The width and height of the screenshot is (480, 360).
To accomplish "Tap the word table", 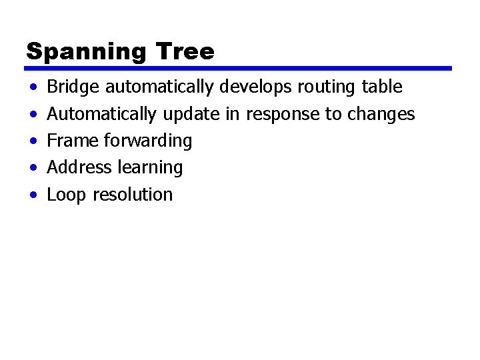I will pos(381,87).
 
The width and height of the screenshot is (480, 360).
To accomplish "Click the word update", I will pos(190,115).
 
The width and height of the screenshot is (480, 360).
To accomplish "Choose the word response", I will pos(283,115).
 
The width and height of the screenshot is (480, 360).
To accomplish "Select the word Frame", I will pos(73,141).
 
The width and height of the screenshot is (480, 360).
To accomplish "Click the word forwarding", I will pos(147,141).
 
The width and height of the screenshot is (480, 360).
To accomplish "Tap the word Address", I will pos(79,167).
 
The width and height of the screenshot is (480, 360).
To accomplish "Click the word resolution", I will pos(133,195).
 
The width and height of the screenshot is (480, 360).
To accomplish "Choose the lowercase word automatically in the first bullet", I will pos(159,87).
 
